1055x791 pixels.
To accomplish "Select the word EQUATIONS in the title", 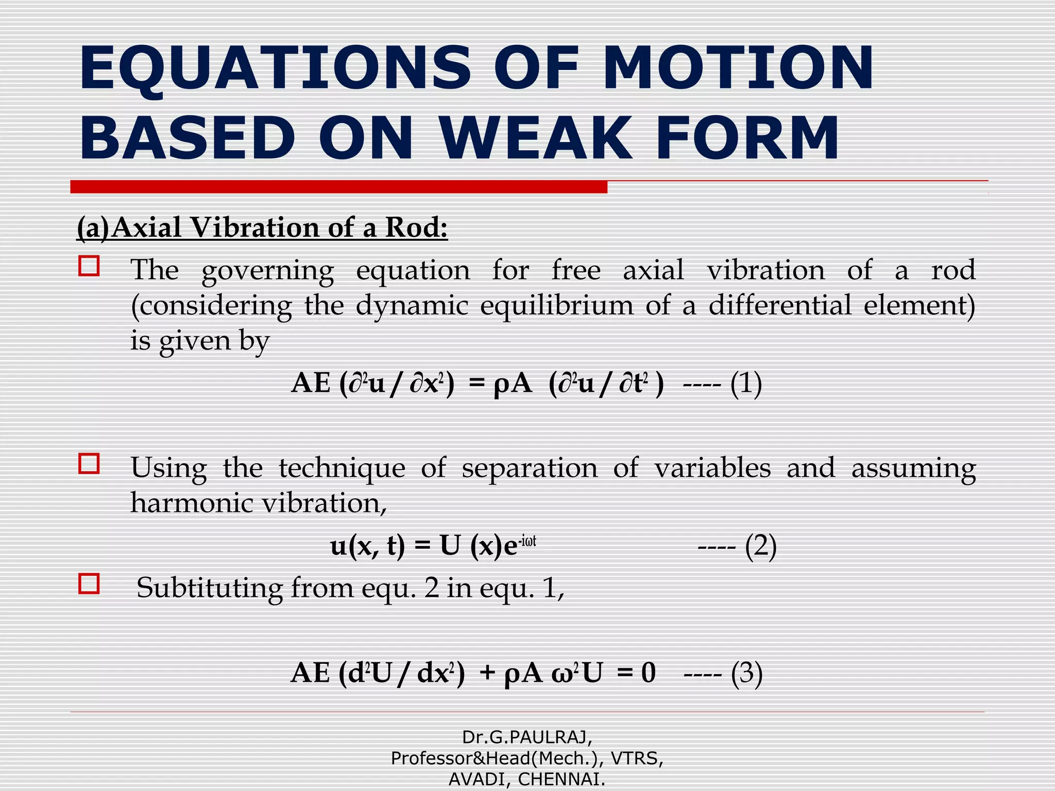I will (275, 68).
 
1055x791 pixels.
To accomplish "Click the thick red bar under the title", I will (338, 187).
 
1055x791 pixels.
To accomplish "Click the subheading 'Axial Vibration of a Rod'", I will (279, 227).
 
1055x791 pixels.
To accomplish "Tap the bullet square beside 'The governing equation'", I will (89, 266).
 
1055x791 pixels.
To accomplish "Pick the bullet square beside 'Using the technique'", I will (89, 463).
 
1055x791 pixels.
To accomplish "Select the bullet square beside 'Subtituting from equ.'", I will (89, 584).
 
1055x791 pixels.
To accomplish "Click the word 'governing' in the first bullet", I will (267, 271).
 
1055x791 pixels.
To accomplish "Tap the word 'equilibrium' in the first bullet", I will (556, 305).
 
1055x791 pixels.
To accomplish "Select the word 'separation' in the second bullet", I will (529, 468).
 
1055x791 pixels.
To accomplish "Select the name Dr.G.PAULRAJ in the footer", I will (527, 737).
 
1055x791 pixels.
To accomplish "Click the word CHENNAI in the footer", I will (561, 780).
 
